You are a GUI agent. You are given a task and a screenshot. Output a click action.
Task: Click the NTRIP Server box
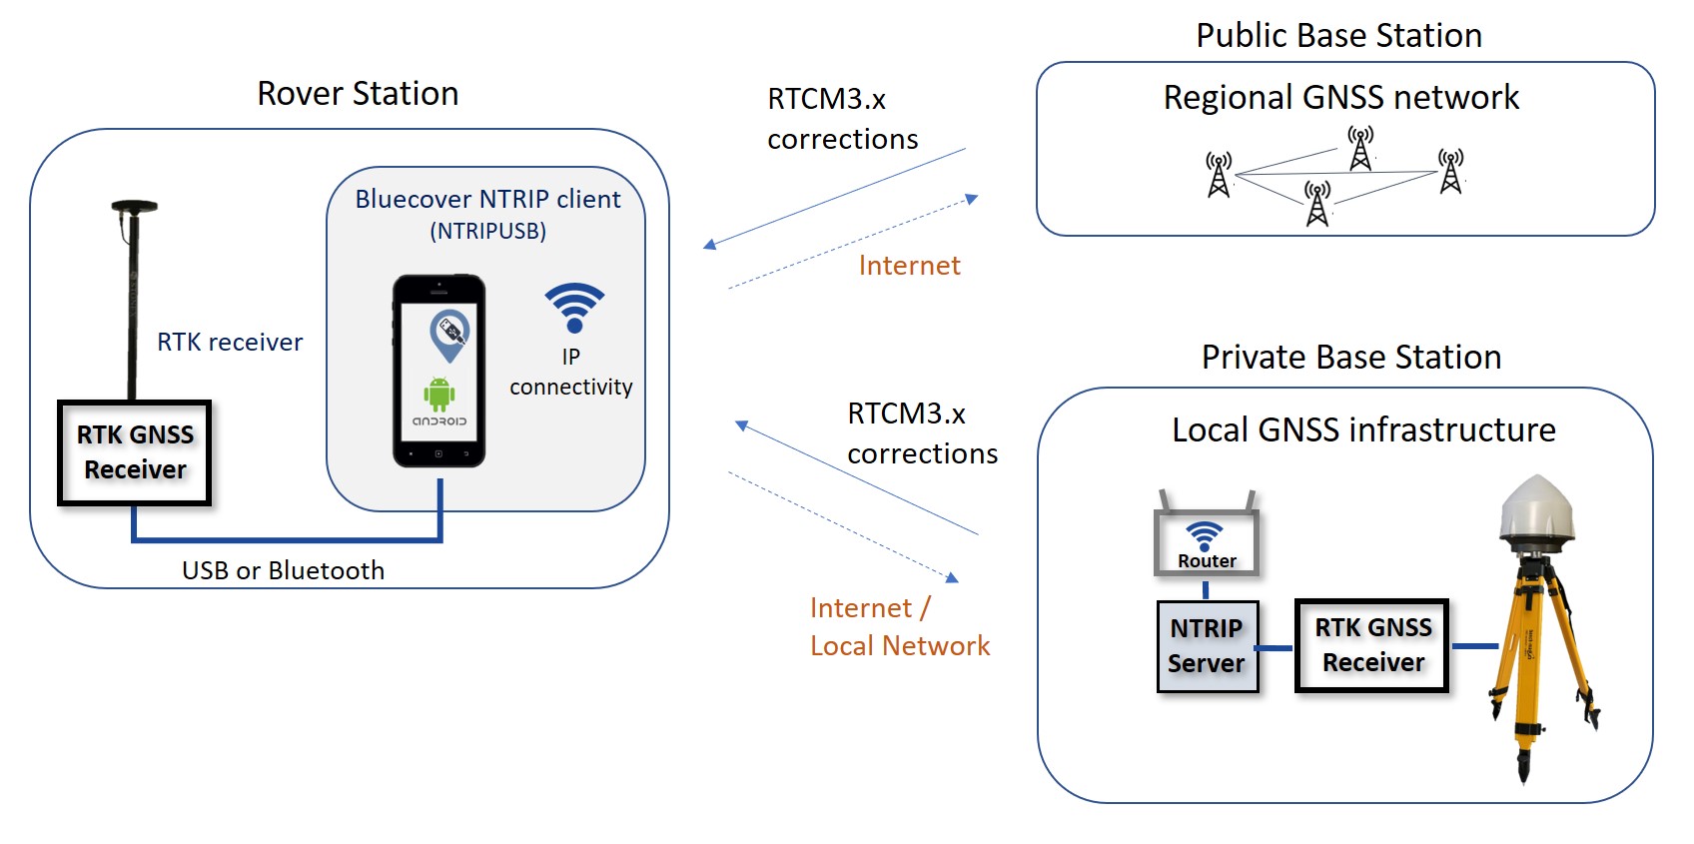[x=1207, y=646]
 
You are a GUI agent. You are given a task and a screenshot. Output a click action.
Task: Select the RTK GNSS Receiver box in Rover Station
[x=135, y=452]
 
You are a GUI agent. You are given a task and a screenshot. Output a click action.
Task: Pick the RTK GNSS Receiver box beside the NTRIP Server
[x=1372, y=645]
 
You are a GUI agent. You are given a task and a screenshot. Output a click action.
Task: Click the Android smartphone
[x=439, y=371]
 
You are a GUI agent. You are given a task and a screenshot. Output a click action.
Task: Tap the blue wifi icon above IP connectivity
[x=574, y=308]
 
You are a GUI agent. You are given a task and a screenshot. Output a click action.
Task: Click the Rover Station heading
[x=358, y=94]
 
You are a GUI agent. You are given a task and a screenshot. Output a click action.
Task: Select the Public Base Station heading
[x=1338, y=36]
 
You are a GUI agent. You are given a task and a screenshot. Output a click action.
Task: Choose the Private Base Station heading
[x=1350, y=358]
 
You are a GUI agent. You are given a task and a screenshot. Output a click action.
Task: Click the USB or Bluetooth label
[x=283, y=570]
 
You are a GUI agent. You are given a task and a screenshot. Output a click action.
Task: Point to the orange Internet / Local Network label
[x=899, y=627]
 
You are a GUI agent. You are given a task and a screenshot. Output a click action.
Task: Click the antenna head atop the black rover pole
[x=134, y=207]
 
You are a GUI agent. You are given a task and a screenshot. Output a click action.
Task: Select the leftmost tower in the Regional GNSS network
[x=1219, y=175]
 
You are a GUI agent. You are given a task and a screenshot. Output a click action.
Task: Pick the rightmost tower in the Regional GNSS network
[x=1450, y=171]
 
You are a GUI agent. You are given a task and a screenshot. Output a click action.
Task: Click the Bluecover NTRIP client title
[x=487, y=200]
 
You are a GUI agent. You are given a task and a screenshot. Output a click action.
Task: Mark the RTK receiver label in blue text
[x=230, y=343]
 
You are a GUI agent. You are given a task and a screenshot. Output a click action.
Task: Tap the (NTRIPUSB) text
[x=487, y=232]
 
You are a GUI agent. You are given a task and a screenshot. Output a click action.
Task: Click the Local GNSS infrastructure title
[x=1363, y=430]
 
